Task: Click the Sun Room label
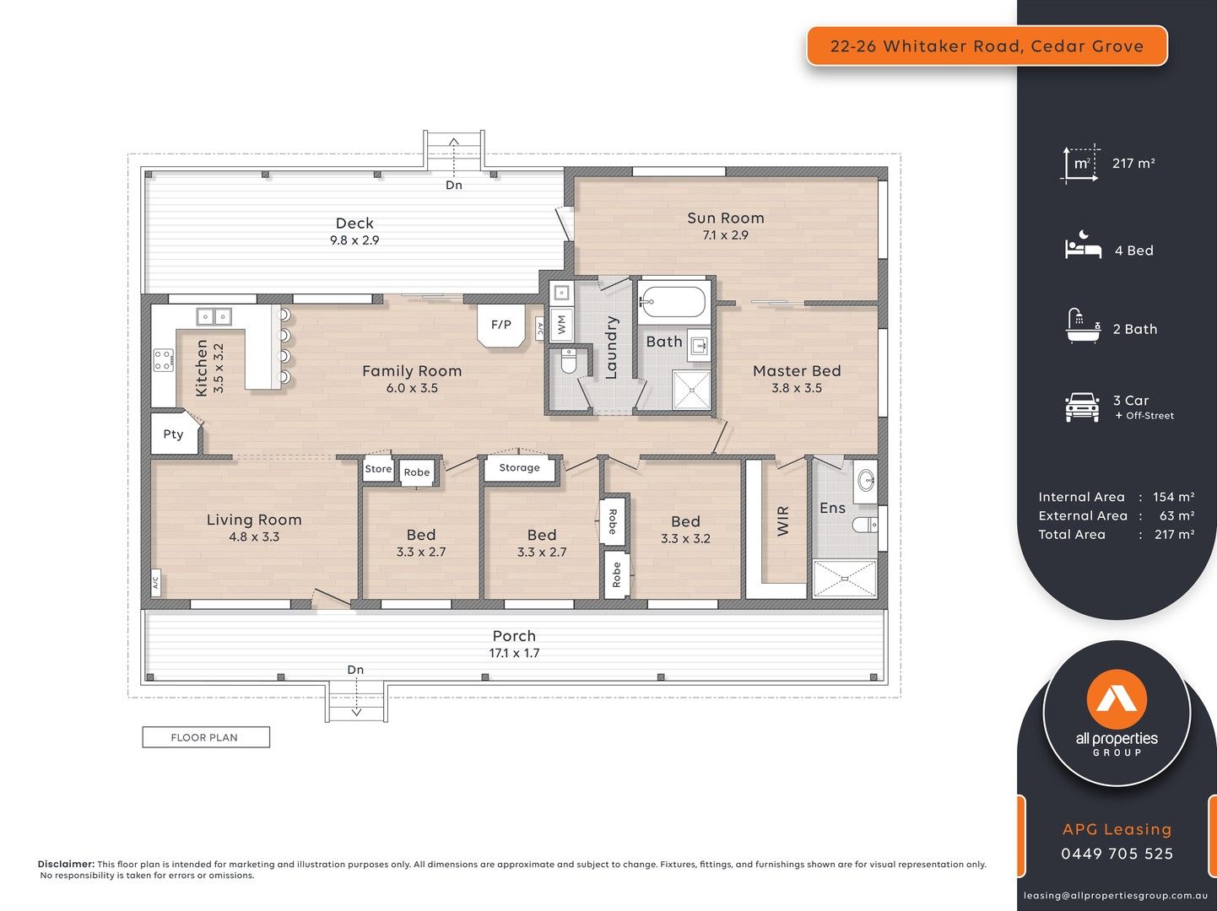(x=725, y=218)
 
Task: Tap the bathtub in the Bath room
(x=672, y=302)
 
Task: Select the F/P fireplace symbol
(x=500, y=325)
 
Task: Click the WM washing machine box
(x=561, y=323)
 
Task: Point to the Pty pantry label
(x=173, y=434)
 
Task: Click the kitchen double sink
(x=214, y=317)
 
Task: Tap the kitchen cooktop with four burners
(x=163, y=360)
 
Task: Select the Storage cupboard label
(x=519, y=467)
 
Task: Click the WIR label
(x=782, y=520)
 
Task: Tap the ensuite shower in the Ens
(x=844, y=579)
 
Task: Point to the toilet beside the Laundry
(x=568, y=363)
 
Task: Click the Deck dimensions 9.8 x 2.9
(x=354, y=240)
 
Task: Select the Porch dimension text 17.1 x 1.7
(x=514, y=653)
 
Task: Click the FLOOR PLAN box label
(x=205, y=737)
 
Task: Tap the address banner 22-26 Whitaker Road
(x=987, y=46)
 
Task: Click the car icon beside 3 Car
(x=1082, y=407)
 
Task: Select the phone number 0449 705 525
(x=1117, y=854)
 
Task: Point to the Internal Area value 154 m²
(x=1173, y=497)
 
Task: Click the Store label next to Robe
(x=378, y=469)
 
